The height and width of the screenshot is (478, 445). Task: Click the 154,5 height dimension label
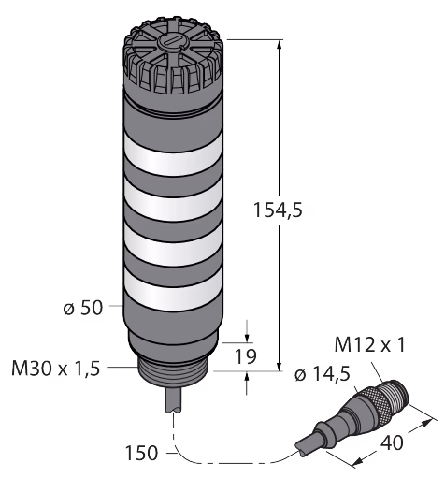pos(278,210)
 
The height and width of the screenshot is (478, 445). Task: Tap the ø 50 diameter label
pos(83,308)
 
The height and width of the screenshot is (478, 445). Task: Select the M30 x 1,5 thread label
pos(56,368)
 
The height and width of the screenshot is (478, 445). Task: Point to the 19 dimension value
pos(246,356)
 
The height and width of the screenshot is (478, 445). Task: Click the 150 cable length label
pos(141,453)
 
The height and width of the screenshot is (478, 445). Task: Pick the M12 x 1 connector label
pos(369,345)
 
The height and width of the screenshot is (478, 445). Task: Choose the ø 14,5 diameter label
pos(323,373)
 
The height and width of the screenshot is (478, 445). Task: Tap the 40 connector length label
pos(392,442)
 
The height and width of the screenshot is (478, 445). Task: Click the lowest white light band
pos(173,288)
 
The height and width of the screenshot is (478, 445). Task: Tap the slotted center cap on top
pos(171,43)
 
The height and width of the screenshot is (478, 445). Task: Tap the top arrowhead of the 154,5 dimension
pos(279,45)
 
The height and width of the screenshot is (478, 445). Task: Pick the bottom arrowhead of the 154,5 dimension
pos(280,366)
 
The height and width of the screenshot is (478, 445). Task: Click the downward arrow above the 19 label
pos(247,331)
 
